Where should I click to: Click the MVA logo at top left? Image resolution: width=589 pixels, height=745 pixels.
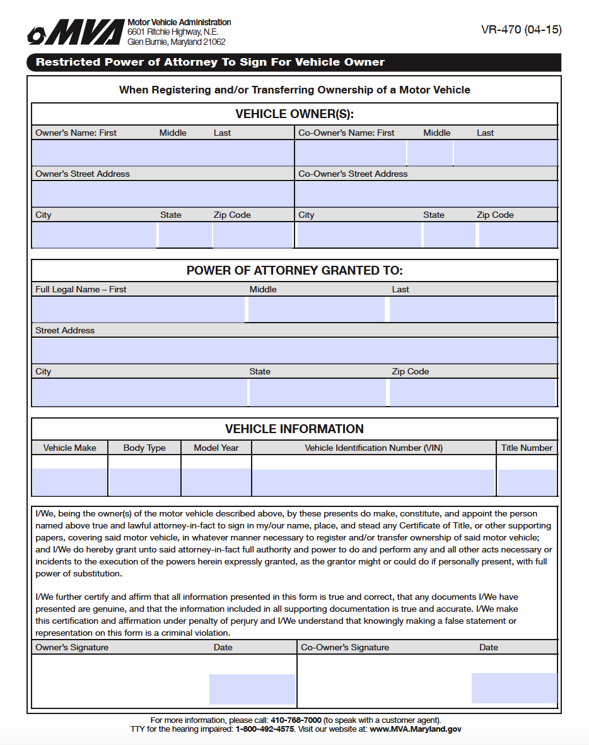[x=74, y=32]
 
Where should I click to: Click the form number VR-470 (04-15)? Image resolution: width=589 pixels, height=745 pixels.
[x=521, y=30]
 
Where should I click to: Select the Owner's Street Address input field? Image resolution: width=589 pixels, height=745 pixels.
[x=163, y=194]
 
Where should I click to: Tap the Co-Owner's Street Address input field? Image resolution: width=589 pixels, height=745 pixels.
[x=426, y=194]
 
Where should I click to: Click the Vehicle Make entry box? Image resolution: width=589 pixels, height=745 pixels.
[x=69, y=482]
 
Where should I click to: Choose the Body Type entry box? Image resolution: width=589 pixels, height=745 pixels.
[x=144, y=482]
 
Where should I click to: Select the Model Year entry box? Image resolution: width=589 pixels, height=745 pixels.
[x=216, y=482]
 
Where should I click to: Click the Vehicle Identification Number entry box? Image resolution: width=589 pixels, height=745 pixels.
[x=373, y=482]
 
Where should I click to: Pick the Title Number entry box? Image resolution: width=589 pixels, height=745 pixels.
[x=527, y=482]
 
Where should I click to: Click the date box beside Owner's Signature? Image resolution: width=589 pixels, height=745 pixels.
[x=252, y=689]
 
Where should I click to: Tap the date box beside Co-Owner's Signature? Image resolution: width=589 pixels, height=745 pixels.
[x=514, y=688]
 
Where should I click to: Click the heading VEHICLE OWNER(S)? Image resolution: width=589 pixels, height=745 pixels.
[x=294, y=114]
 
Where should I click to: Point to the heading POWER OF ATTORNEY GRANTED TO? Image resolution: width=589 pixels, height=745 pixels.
[x=294, y=271]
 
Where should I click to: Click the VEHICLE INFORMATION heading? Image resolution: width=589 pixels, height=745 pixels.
[x=294, y=429]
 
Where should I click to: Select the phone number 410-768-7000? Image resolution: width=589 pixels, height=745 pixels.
[x=296, y=720]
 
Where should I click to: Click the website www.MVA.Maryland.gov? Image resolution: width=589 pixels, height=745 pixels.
[x=415, y=729]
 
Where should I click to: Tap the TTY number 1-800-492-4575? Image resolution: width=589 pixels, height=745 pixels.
[x=265, y=729]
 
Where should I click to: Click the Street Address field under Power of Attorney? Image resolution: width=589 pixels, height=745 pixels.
[x=294, y=350]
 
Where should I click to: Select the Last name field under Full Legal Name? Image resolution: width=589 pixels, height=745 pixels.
[x=472, y=309]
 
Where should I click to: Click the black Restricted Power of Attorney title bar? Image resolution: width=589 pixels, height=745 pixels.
[x=294, y=62]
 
